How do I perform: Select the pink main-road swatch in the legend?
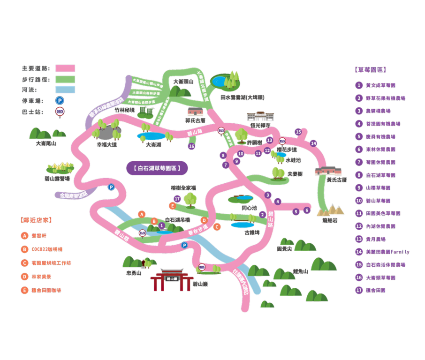click(65, 68)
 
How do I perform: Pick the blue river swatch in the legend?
click(65, 90)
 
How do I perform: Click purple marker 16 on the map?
click(191, 146)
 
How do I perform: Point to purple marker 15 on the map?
click(298, 132)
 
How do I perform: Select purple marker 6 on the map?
click(307, 210)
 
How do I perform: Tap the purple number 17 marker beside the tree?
click(177, 199)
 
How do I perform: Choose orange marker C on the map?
click(217, 227)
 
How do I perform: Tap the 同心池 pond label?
click(245, 207)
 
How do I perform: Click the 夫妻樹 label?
click(294, 173)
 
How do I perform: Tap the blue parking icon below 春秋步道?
click(184, 245)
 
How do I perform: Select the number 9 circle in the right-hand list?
click(359, 187)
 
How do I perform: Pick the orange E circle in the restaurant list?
click(24, 290)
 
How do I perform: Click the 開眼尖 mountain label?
click(284, 248)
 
